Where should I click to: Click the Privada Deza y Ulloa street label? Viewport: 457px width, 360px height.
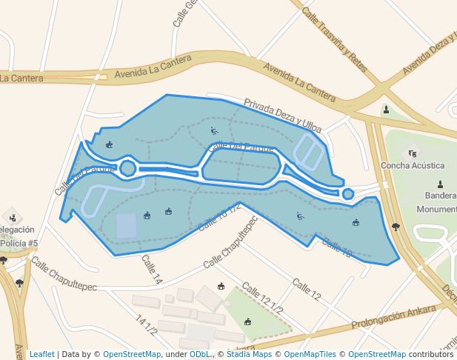point(282,116)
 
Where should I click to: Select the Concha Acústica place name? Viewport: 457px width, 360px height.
point(413,165)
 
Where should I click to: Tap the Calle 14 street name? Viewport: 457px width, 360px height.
point(151,270)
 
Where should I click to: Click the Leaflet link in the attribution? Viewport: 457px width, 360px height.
point(41,354)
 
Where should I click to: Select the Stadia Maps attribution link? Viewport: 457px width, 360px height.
point(249,354)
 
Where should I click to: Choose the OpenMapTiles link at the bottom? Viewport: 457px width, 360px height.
point(310,354)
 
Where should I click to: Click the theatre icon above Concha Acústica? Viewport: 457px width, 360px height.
point(413,153)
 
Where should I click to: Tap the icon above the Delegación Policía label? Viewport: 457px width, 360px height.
point(12,216)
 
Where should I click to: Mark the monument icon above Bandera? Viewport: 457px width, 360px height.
point(441,184)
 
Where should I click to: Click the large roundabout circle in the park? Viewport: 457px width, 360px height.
point(127,168)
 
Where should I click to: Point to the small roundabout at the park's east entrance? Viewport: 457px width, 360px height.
point(348,194)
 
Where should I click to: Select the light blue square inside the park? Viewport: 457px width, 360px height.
point(127,226)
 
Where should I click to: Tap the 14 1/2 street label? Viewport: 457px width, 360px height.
point(146,324)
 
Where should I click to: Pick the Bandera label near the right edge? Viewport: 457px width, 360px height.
point(440,196)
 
